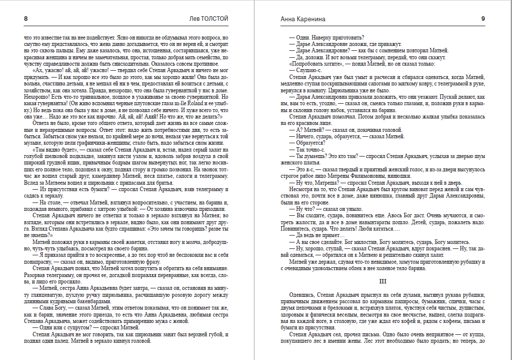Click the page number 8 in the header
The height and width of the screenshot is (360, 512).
(x=25, y=19)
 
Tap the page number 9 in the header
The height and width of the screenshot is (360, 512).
(x=483, y=19)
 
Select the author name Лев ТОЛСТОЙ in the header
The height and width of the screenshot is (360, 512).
(x=209, y=19)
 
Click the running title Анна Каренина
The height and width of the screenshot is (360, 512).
(x=303, y=19)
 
